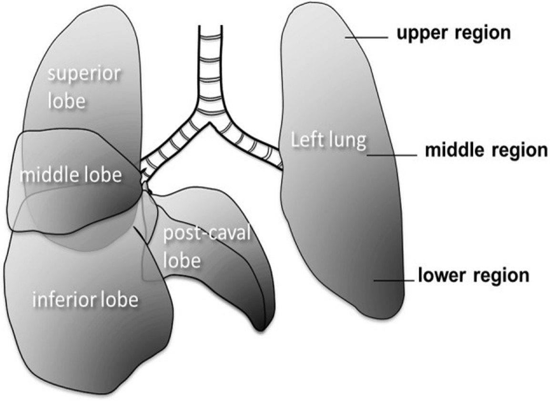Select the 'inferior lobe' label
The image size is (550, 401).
(85, 300)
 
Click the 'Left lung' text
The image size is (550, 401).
(328, 140)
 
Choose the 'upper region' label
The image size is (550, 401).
(453, 33)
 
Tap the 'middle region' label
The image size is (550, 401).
(486, 150)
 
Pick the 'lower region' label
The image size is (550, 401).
(473, 275)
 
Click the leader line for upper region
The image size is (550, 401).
(367, 38)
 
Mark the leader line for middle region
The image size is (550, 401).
(391, 154)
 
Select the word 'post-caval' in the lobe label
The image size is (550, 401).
(206, 234)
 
